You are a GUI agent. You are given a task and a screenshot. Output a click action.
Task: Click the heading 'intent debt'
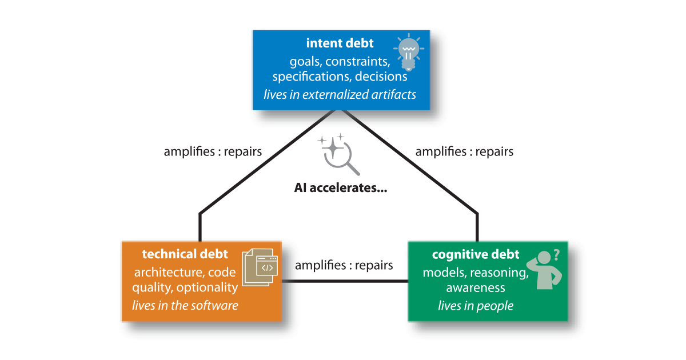click(x=340, y=43)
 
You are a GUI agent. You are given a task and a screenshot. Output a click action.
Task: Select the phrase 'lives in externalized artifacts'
click(x=340, y=95)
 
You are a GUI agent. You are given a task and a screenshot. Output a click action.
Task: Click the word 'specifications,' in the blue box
click(x=312, y=77)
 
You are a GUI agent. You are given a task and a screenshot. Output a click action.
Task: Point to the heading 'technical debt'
click(x=185, y=254)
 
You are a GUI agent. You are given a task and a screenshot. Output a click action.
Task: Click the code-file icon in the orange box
click(x=260, y=267)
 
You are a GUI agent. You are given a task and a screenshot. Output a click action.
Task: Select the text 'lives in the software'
click(x=185, y=306)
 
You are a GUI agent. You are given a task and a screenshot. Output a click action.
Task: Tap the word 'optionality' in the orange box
click(x=207, y=288)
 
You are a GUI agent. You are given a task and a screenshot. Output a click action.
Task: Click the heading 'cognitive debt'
click(x=476, y=254)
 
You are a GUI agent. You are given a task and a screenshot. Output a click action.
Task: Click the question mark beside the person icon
click(x=557, y=255)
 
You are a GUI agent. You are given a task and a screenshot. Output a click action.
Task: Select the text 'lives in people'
click(x=476, y=306)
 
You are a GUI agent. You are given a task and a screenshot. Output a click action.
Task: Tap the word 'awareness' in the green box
click(x=476, y=288)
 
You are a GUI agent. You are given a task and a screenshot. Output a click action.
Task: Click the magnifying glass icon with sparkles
click(x=338, y=155)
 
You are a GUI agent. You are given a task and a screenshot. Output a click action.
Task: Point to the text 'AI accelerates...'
click(x=341, y=187)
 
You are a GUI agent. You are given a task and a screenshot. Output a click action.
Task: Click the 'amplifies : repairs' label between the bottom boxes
click(x=344, y=265)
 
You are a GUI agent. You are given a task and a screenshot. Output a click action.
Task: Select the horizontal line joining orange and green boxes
click(x=345, y=281)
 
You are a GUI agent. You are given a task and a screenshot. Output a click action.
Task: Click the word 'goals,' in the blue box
click(x=306, y=62)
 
